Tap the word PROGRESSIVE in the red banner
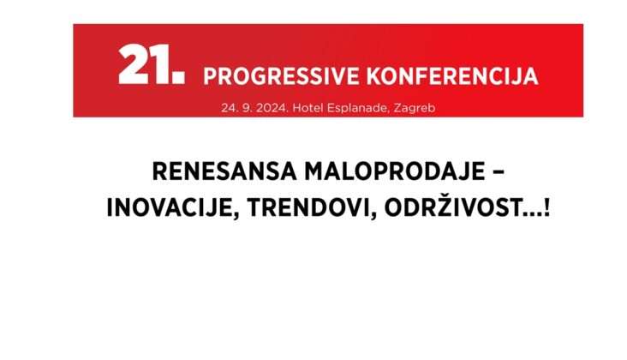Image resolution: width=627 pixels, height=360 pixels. tap(282, 76)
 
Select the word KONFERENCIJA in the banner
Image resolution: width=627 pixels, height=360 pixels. tap(452, 76)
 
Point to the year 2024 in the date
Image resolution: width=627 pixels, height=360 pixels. tap(272, 108)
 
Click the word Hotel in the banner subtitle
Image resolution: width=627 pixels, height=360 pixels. tap(308, 108)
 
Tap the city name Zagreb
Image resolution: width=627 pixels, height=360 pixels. tap(415, 109)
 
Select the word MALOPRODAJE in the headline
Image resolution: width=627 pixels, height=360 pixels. tap(395, 171)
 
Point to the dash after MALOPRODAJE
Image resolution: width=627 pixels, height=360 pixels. tap(499, 172)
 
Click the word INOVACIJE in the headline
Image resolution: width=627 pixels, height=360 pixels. tap(170, 207)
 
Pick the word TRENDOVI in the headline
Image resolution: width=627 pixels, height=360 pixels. tap(308, 207)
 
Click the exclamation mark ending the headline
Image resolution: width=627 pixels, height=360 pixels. tap(546, 207)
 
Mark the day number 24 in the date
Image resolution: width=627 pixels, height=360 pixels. tap(228, 108)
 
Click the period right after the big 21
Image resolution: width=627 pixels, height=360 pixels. tap(180, 78)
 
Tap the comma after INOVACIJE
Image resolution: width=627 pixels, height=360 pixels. tap(236, 216)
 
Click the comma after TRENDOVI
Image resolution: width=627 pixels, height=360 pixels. tap(373, 216)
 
